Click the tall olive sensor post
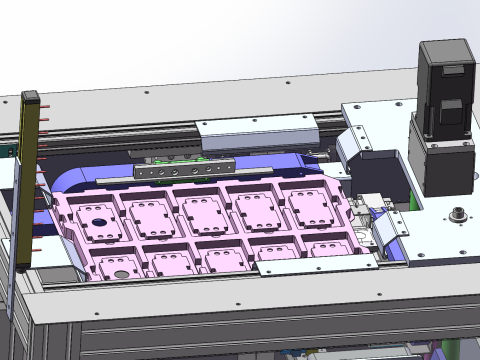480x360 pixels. point(26,180)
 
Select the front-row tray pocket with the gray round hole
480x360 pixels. point(117,264)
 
